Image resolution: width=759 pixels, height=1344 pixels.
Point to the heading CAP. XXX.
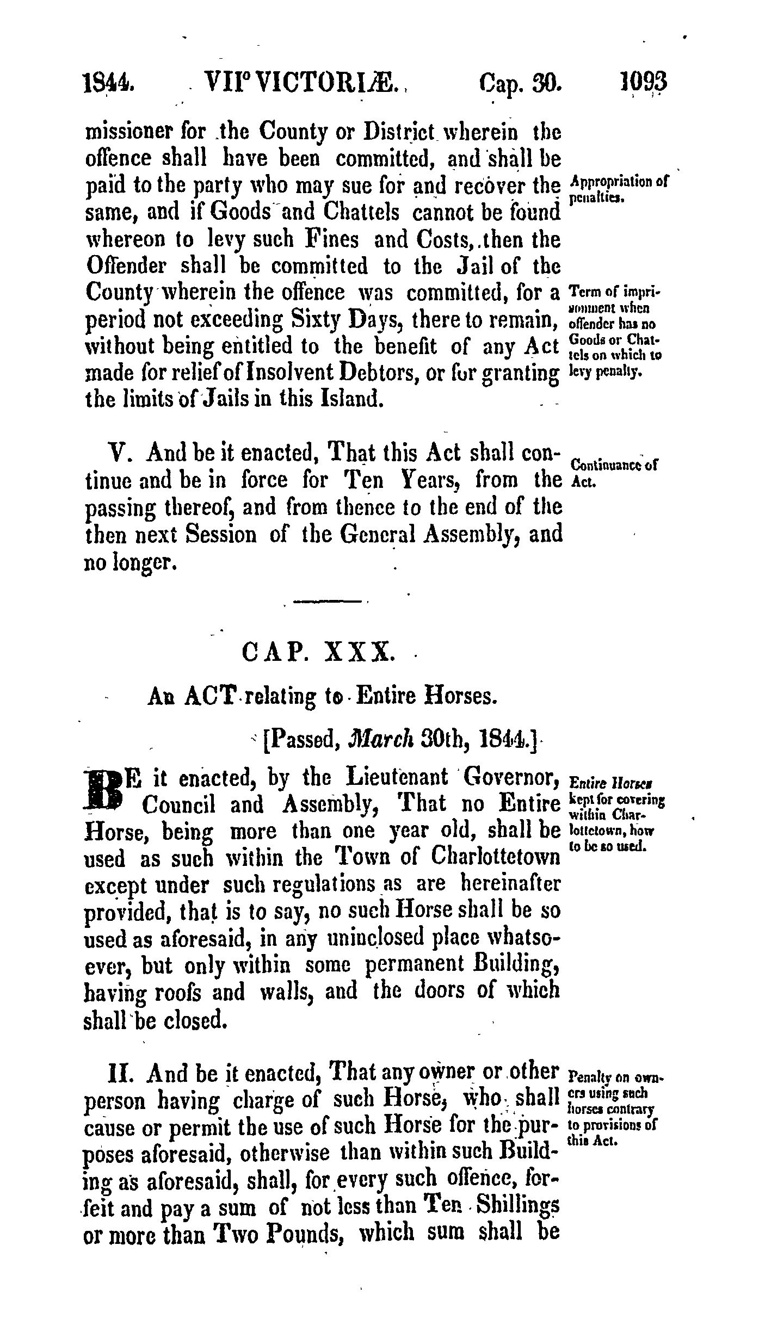[x=316, y=651]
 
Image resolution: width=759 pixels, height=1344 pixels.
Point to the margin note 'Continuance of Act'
[x=614, y=472]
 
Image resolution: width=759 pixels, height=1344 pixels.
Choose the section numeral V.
[x=118, y=453]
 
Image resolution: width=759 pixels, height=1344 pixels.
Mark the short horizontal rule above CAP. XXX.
[x=328, y=602]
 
